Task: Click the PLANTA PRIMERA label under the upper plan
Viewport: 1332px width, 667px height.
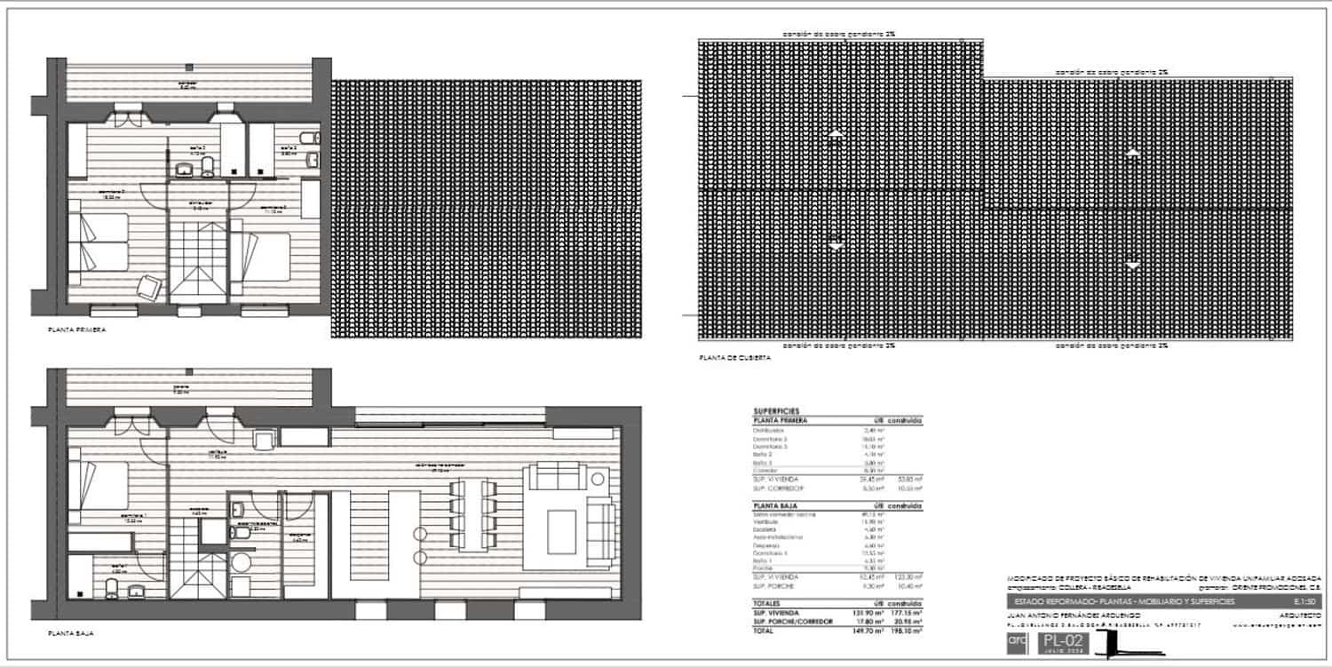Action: [77, 330]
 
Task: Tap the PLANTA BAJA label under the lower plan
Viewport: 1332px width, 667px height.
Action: [71, 634]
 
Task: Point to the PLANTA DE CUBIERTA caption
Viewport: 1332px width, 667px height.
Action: [735, 358]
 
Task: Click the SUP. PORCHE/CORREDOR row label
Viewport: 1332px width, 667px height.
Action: [793, 622]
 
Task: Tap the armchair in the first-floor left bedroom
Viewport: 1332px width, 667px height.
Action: [148, 287]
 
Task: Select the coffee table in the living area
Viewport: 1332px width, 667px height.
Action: [560, 525]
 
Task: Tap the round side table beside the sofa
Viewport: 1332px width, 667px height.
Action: [599, 480]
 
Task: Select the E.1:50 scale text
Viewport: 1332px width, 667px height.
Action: [1307, 602]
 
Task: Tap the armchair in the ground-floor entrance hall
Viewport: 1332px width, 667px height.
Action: [264, 439]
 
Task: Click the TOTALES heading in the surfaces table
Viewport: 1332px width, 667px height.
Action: [769, 604]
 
